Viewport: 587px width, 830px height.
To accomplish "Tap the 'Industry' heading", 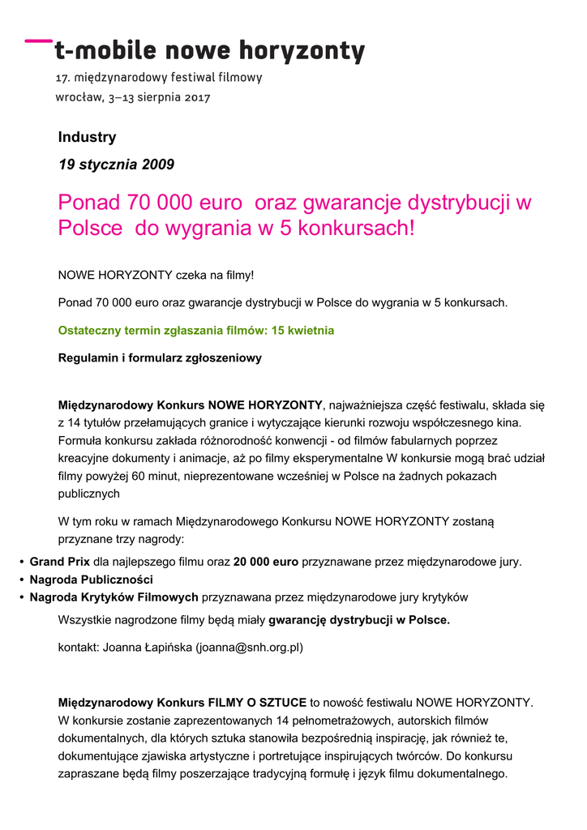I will tap(87, 137).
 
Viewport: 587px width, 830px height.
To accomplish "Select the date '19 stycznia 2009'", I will tap(116, 165).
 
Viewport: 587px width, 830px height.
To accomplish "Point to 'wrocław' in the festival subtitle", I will tap(78, 97).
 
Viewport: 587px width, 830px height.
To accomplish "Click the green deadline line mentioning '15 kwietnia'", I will tap(195, 331).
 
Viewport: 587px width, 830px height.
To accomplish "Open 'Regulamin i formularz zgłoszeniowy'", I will tap(160, 357).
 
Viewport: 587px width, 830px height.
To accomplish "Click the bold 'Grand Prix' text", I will tap(59, 561).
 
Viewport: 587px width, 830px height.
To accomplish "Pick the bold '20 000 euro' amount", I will tap(266, 561).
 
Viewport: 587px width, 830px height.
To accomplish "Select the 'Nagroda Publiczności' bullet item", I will tap(91, 580).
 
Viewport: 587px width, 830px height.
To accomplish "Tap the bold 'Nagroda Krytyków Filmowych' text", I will tap(114, 597).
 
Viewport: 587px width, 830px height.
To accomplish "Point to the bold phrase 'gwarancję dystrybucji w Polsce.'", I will tap(359, 620).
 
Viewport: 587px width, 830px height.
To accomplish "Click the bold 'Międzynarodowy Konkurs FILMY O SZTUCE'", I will tap(182, 702).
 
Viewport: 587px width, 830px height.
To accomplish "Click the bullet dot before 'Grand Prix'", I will tap(21, 562).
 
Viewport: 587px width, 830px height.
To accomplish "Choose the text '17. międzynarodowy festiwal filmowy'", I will tap(158, 78).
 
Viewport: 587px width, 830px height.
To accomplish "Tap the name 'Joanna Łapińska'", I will tap(148, 648).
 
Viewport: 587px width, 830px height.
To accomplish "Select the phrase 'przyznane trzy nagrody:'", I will tap(121, 539).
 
